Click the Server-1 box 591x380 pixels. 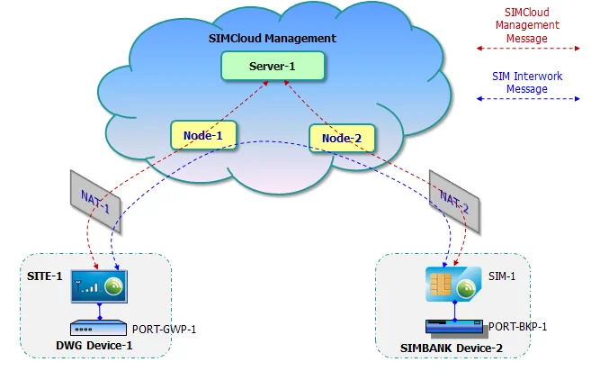pos(273,67)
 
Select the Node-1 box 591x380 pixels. pos(202,136)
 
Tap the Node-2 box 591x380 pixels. pos(342,138)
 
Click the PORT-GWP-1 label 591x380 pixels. pos(164,329)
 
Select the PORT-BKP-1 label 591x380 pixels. pos(517,326)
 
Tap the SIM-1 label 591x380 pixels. pos(502,277)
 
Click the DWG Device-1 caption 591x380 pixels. pos(97,346)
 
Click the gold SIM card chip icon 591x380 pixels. pos(440,285)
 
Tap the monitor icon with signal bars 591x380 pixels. pos(100,287)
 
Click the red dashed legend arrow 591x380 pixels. pos(526,48)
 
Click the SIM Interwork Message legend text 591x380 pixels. pos(527,83)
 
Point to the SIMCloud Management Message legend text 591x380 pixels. pos(527,26)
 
